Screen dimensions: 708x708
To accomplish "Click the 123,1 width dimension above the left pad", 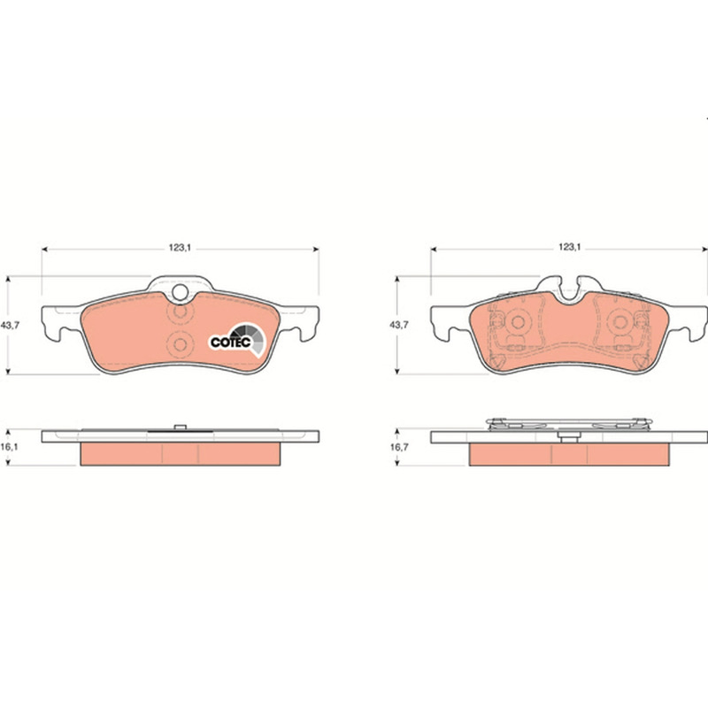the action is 180,248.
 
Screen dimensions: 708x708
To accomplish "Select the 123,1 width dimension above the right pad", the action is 569,248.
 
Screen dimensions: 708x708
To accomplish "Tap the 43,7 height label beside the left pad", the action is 11,325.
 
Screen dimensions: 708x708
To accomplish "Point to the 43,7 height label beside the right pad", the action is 399,325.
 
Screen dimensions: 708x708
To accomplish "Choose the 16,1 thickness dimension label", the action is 10,447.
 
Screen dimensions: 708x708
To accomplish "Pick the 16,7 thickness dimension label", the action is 399,447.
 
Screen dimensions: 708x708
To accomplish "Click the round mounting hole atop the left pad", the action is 181,292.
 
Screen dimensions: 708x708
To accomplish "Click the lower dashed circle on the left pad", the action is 180,345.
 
